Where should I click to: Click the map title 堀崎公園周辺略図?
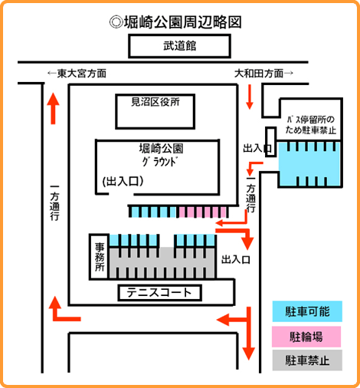point(175,22)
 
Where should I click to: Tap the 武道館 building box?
point(180,46)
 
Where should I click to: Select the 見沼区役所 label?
point(155,102)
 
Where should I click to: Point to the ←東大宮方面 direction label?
point(77,74)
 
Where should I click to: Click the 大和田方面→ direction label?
point(263,74)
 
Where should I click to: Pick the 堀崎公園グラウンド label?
point(161,155)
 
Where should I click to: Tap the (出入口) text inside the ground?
point(123,181)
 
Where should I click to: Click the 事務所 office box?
point(100,257)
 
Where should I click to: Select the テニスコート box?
point(159,293)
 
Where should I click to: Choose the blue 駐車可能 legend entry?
point(307,311)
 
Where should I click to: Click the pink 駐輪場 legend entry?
point(306,337)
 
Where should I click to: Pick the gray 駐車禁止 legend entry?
point(307,360)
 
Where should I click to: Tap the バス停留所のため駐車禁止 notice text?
point(310,125)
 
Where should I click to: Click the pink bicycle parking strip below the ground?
point(203,212)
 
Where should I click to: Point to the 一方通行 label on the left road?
point(54,203)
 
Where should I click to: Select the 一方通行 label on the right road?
point(250,195)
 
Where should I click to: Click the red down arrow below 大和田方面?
point(250,97)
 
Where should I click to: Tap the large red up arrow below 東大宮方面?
point(53,108)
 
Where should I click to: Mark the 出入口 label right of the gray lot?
point(236,260)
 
